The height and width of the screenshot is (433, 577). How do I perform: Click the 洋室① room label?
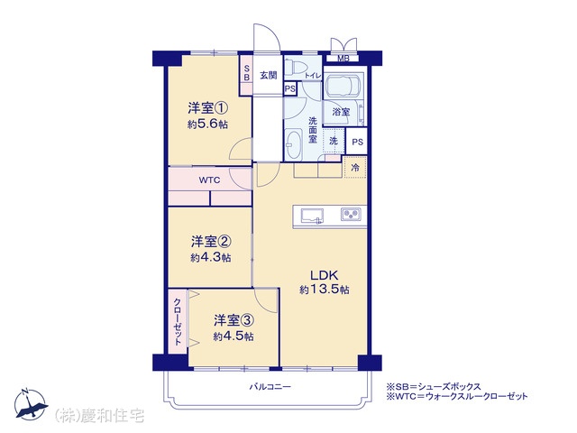(x=208, y=108)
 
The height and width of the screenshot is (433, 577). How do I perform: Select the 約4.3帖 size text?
(x=211, y=257)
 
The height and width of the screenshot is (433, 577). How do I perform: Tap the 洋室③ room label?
(x=234, y=320)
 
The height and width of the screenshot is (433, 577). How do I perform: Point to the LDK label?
(x=325, y=275)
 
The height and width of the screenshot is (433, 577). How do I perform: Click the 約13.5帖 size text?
(x=325, y=290)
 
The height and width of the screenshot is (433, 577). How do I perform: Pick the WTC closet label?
(x=209, y=180)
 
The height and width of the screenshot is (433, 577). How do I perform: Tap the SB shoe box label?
(x=246, y=73)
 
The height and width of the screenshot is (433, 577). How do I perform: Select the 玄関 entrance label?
(x=269, y=76)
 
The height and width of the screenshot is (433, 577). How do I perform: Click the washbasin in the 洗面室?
(x=293, y=144)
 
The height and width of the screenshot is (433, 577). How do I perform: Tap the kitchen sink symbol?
(x=313, y=216)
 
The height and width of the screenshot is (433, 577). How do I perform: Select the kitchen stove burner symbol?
(x=351, y=214)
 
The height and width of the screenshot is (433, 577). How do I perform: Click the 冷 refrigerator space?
(x=355, y=168)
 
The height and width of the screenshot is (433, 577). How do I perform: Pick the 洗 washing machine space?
(x=334, y=141)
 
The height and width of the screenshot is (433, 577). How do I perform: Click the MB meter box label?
(x=343, y=58)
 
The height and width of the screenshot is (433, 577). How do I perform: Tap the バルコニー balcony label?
(x=270, y=387)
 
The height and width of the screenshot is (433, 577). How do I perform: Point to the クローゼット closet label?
(x=178, y=321)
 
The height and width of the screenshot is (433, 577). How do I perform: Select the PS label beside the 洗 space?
(x=357, y=142)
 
